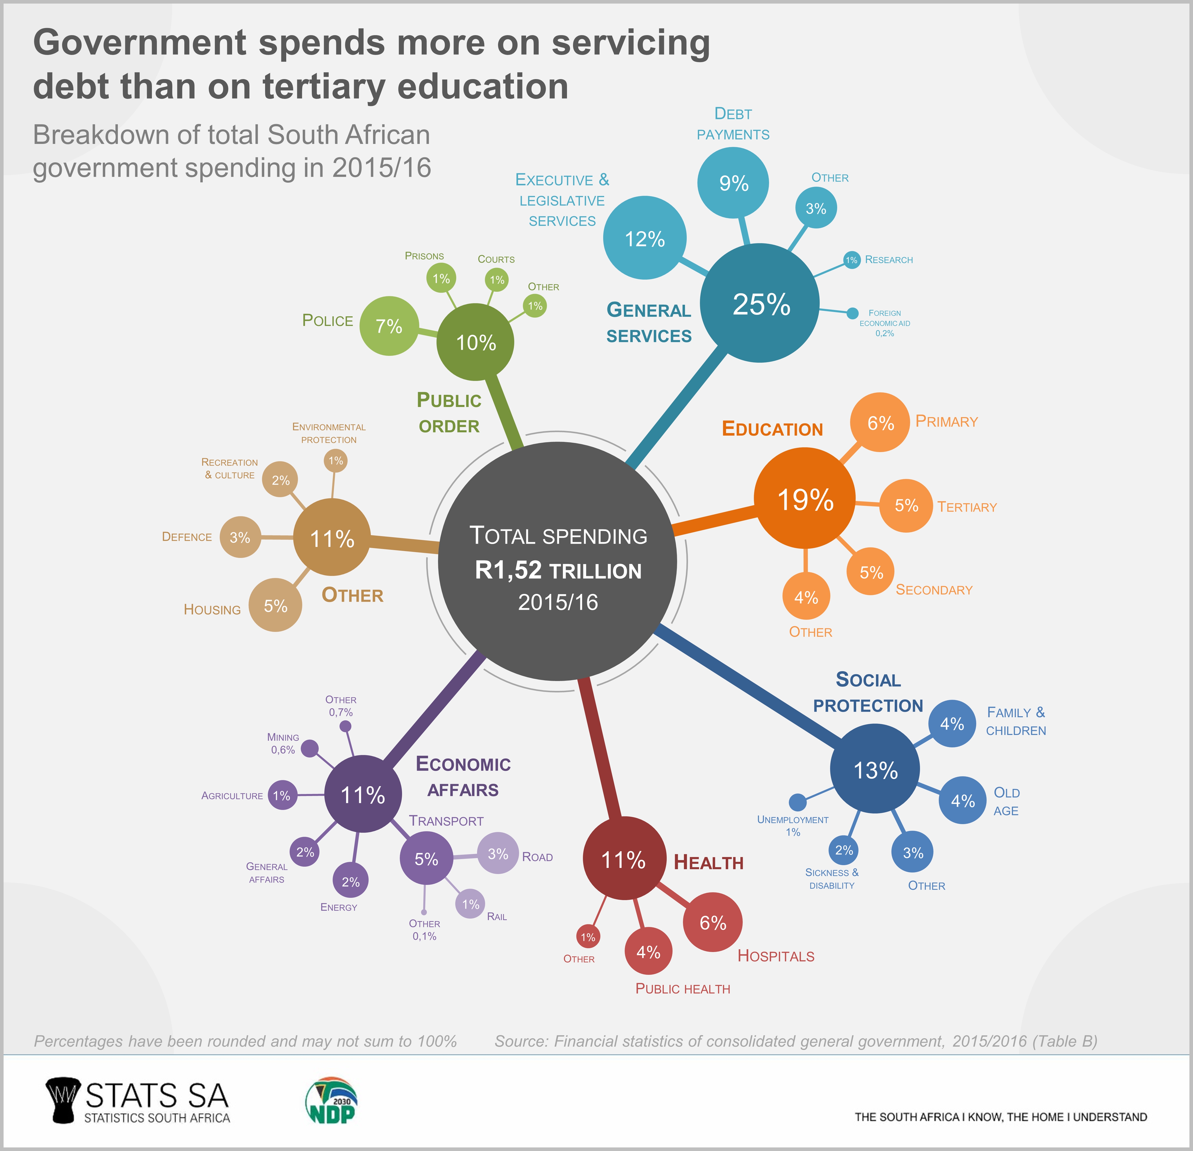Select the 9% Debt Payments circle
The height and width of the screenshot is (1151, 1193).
pos(733,183)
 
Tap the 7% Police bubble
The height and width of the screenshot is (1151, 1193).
pos(389,326)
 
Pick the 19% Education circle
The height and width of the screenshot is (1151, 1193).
pos(805,499)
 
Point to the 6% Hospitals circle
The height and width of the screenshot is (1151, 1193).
pos(713,923)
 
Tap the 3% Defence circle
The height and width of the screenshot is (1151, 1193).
pos(240,537)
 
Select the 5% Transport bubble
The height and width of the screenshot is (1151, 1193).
pos(426,858)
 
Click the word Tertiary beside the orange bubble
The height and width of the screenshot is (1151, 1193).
pos(967,507)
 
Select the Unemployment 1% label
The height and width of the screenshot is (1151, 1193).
pos(792,825)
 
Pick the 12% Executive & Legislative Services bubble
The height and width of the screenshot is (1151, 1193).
pos(645,238)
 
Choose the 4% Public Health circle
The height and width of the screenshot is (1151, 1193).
pos(648,951)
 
